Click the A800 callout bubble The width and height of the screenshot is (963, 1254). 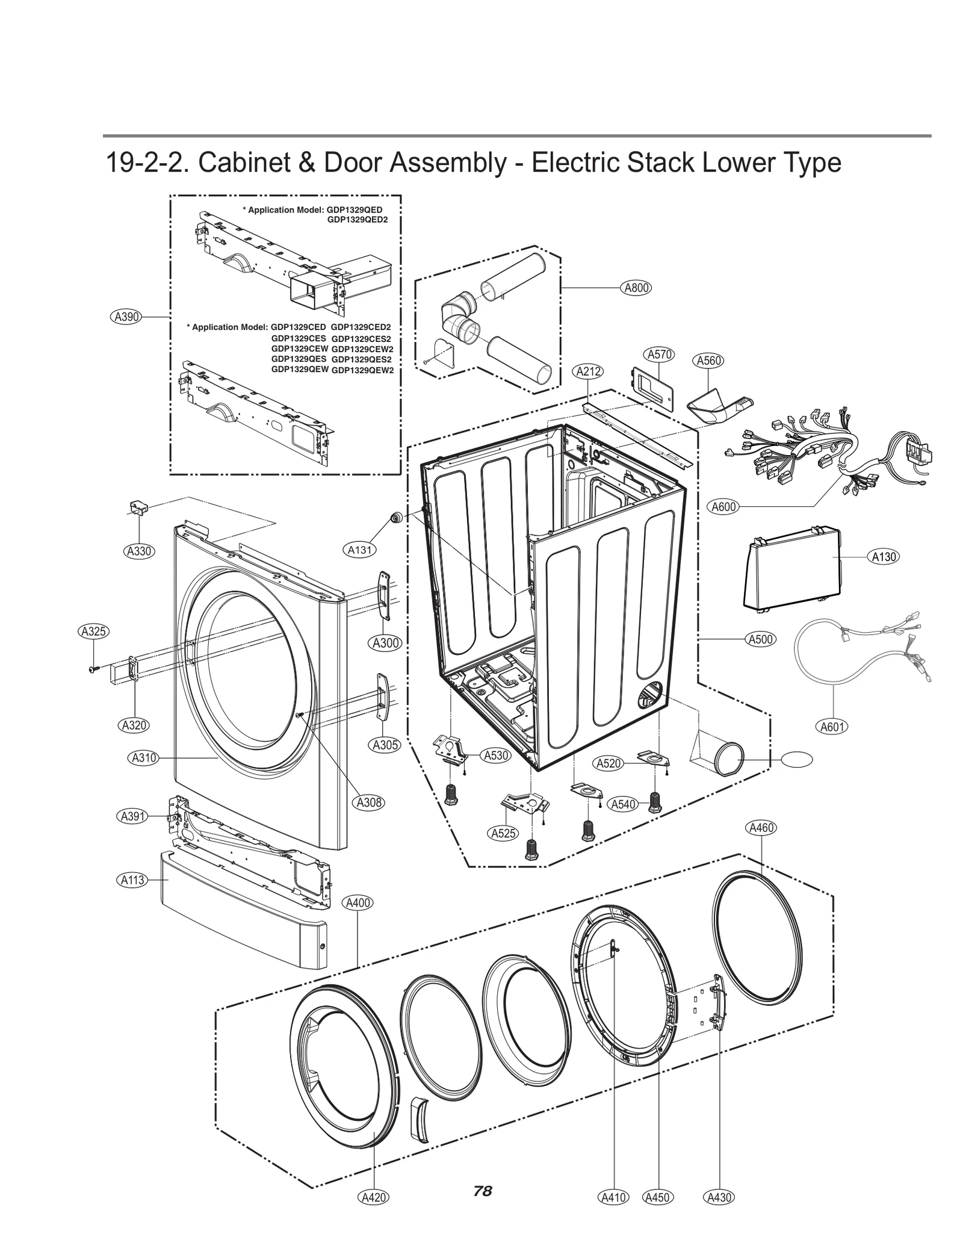[x=636, y=288]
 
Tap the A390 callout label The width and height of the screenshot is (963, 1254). [x=126, y=317]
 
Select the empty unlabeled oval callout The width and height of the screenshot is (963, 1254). [x=796, y=760]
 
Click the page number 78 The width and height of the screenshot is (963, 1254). [x=482, y=1191]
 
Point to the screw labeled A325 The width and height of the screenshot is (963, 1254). [x=93, y=669]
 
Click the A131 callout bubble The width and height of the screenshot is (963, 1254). [x=360, y=549]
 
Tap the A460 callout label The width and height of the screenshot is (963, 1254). [x=761, y=828]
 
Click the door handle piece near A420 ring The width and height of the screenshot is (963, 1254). [x=419, y=1119]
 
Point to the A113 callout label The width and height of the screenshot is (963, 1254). [x=132, y=880]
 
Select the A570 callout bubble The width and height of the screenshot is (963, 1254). [x=660, y=355]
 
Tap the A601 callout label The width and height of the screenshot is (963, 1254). [x=832, y=727]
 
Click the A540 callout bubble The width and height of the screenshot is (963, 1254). [x=622, y=804]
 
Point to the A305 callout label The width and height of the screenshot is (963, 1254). [x=385, y=745]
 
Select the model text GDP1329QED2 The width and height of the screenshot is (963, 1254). [x=357, y=220]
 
